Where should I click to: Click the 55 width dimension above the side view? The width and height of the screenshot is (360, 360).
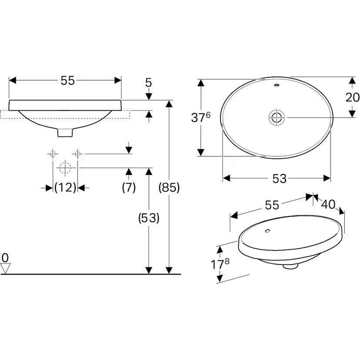[68, 80]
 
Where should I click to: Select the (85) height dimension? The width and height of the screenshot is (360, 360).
[169, 187]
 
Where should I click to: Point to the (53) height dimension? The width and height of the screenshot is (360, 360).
[149, 218]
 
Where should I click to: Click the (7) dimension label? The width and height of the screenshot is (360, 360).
[129, 187]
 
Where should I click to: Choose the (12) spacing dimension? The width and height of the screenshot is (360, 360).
[65, 187]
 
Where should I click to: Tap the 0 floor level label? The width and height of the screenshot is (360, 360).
[5, 258]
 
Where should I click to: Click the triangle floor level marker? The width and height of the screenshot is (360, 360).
[5, 269]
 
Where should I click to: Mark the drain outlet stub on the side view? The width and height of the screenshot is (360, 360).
[66, 132]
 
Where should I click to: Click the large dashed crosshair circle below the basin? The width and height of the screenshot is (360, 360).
[65, 167]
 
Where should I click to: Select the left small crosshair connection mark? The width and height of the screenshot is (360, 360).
[53, 153]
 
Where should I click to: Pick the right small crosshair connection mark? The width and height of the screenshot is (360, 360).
[77, 153]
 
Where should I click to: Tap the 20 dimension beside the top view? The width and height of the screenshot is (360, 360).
[352, 97]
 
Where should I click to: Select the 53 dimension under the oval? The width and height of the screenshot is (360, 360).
[280, 178]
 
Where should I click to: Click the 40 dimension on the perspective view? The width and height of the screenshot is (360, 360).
[329, 204]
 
